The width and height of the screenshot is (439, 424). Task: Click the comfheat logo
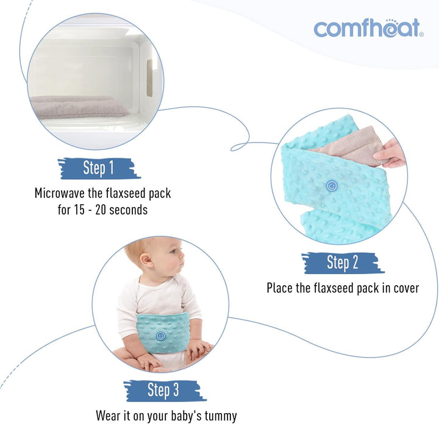[367, 28]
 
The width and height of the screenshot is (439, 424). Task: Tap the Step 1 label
[98, 168]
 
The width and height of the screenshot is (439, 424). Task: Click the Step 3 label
[163, 390]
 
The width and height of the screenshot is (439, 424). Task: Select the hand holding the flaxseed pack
[391, 154]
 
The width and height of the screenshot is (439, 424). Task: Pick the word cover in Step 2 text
[403, 288]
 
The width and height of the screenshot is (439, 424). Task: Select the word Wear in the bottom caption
[109, 416]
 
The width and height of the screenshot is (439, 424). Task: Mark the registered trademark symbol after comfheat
[421, 35]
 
